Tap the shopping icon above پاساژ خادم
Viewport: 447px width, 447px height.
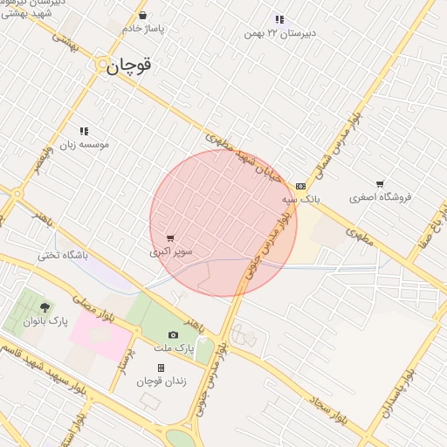point(142,16)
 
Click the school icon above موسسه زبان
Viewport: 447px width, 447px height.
point(84,131)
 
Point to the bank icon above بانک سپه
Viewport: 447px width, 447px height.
point(301,186)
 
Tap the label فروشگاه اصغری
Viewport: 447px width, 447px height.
point(380,197)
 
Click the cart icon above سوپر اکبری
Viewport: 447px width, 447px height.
point(169,237)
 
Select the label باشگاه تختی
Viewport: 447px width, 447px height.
point(63,256)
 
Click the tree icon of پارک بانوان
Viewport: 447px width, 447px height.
point(45,306)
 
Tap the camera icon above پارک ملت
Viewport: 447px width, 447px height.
point(173,335)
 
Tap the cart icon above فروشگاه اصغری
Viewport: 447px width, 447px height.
point(380,184)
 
